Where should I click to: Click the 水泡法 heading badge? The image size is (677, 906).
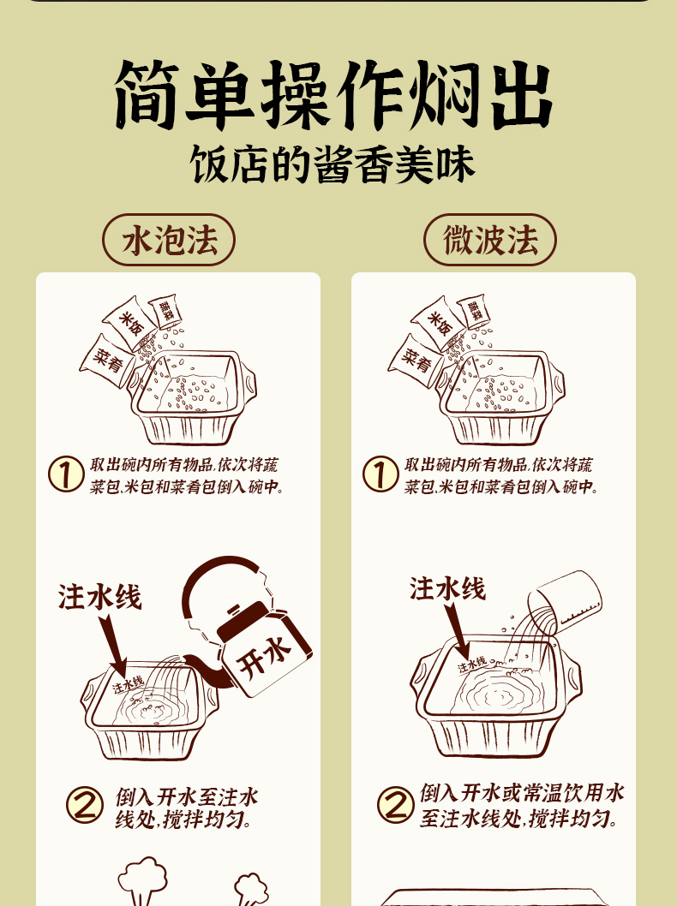[x=169, y=240]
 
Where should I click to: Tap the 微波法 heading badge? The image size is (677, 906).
[x=490, y=240]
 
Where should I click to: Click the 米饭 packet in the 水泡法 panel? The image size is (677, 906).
[x=129, y=324]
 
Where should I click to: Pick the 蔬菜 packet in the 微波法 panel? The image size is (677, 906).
[x=473, y=313]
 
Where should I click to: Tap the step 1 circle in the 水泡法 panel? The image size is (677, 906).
[x=65, y=474]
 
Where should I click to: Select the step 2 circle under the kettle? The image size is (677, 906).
[x=85, y=806]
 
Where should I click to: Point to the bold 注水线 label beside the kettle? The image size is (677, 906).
[x=99, y=597]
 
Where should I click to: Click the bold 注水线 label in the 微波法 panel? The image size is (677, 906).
[x=447, y=588]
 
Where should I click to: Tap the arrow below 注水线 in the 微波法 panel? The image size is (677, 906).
[x=458, y=631]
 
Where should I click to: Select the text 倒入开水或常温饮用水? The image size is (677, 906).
[x=522, y=793]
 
